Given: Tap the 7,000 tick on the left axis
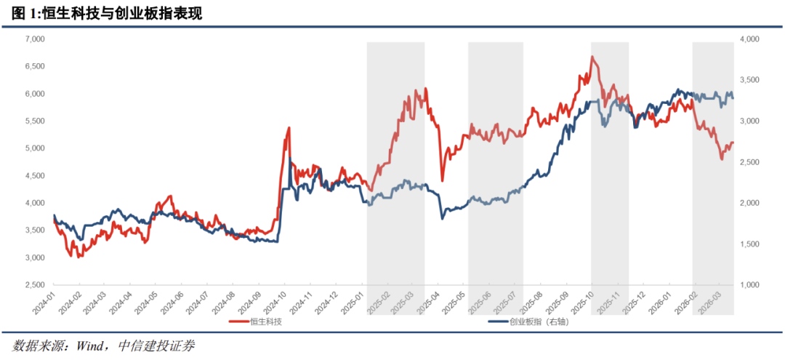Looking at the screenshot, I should [x=35, y=39].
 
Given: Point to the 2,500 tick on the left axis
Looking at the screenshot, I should [x=35, y=285].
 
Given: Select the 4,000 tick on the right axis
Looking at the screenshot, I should [x=749, y=39].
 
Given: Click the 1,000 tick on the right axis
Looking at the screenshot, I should [x=749, y=285].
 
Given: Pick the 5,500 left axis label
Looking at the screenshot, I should [x=35, y=121].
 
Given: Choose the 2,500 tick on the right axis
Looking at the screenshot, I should [x=749, y=162].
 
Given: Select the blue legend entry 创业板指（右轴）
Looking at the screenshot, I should [x=534, y=321].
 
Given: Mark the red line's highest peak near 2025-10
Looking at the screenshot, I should [x=592, y=56].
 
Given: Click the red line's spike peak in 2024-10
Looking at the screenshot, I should [x=289, y=128].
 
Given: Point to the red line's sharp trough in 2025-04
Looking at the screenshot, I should [x=442, y=181].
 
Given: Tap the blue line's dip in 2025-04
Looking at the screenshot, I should [x=443, y=218].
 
